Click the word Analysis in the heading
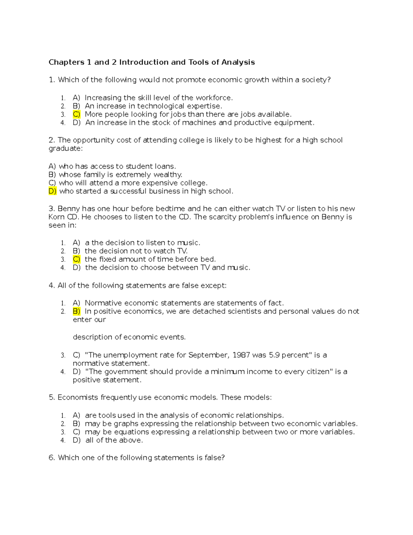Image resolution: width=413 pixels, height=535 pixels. [238, 62]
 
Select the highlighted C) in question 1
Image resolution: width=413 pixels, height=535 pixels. [76, 114]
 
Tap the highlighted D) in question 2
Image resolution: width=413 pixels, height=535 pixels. [53, 191]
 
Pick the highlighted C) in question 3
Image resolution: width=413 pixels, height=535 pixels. [76, 259]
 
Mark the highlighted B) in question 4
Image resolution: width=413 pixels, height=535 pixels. [76, 311]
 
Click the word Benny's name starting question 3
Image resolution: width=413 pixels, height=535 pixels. [67, 209]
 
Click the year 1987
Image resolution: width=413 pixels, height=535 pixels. [241, 355]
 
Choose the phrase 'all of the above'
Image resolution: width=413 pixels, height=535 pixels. [114, 440]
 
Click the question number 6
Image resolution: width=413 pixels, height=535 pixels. [52, 458]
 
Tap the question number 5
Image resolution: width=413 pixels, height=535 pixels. [52, 398]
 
